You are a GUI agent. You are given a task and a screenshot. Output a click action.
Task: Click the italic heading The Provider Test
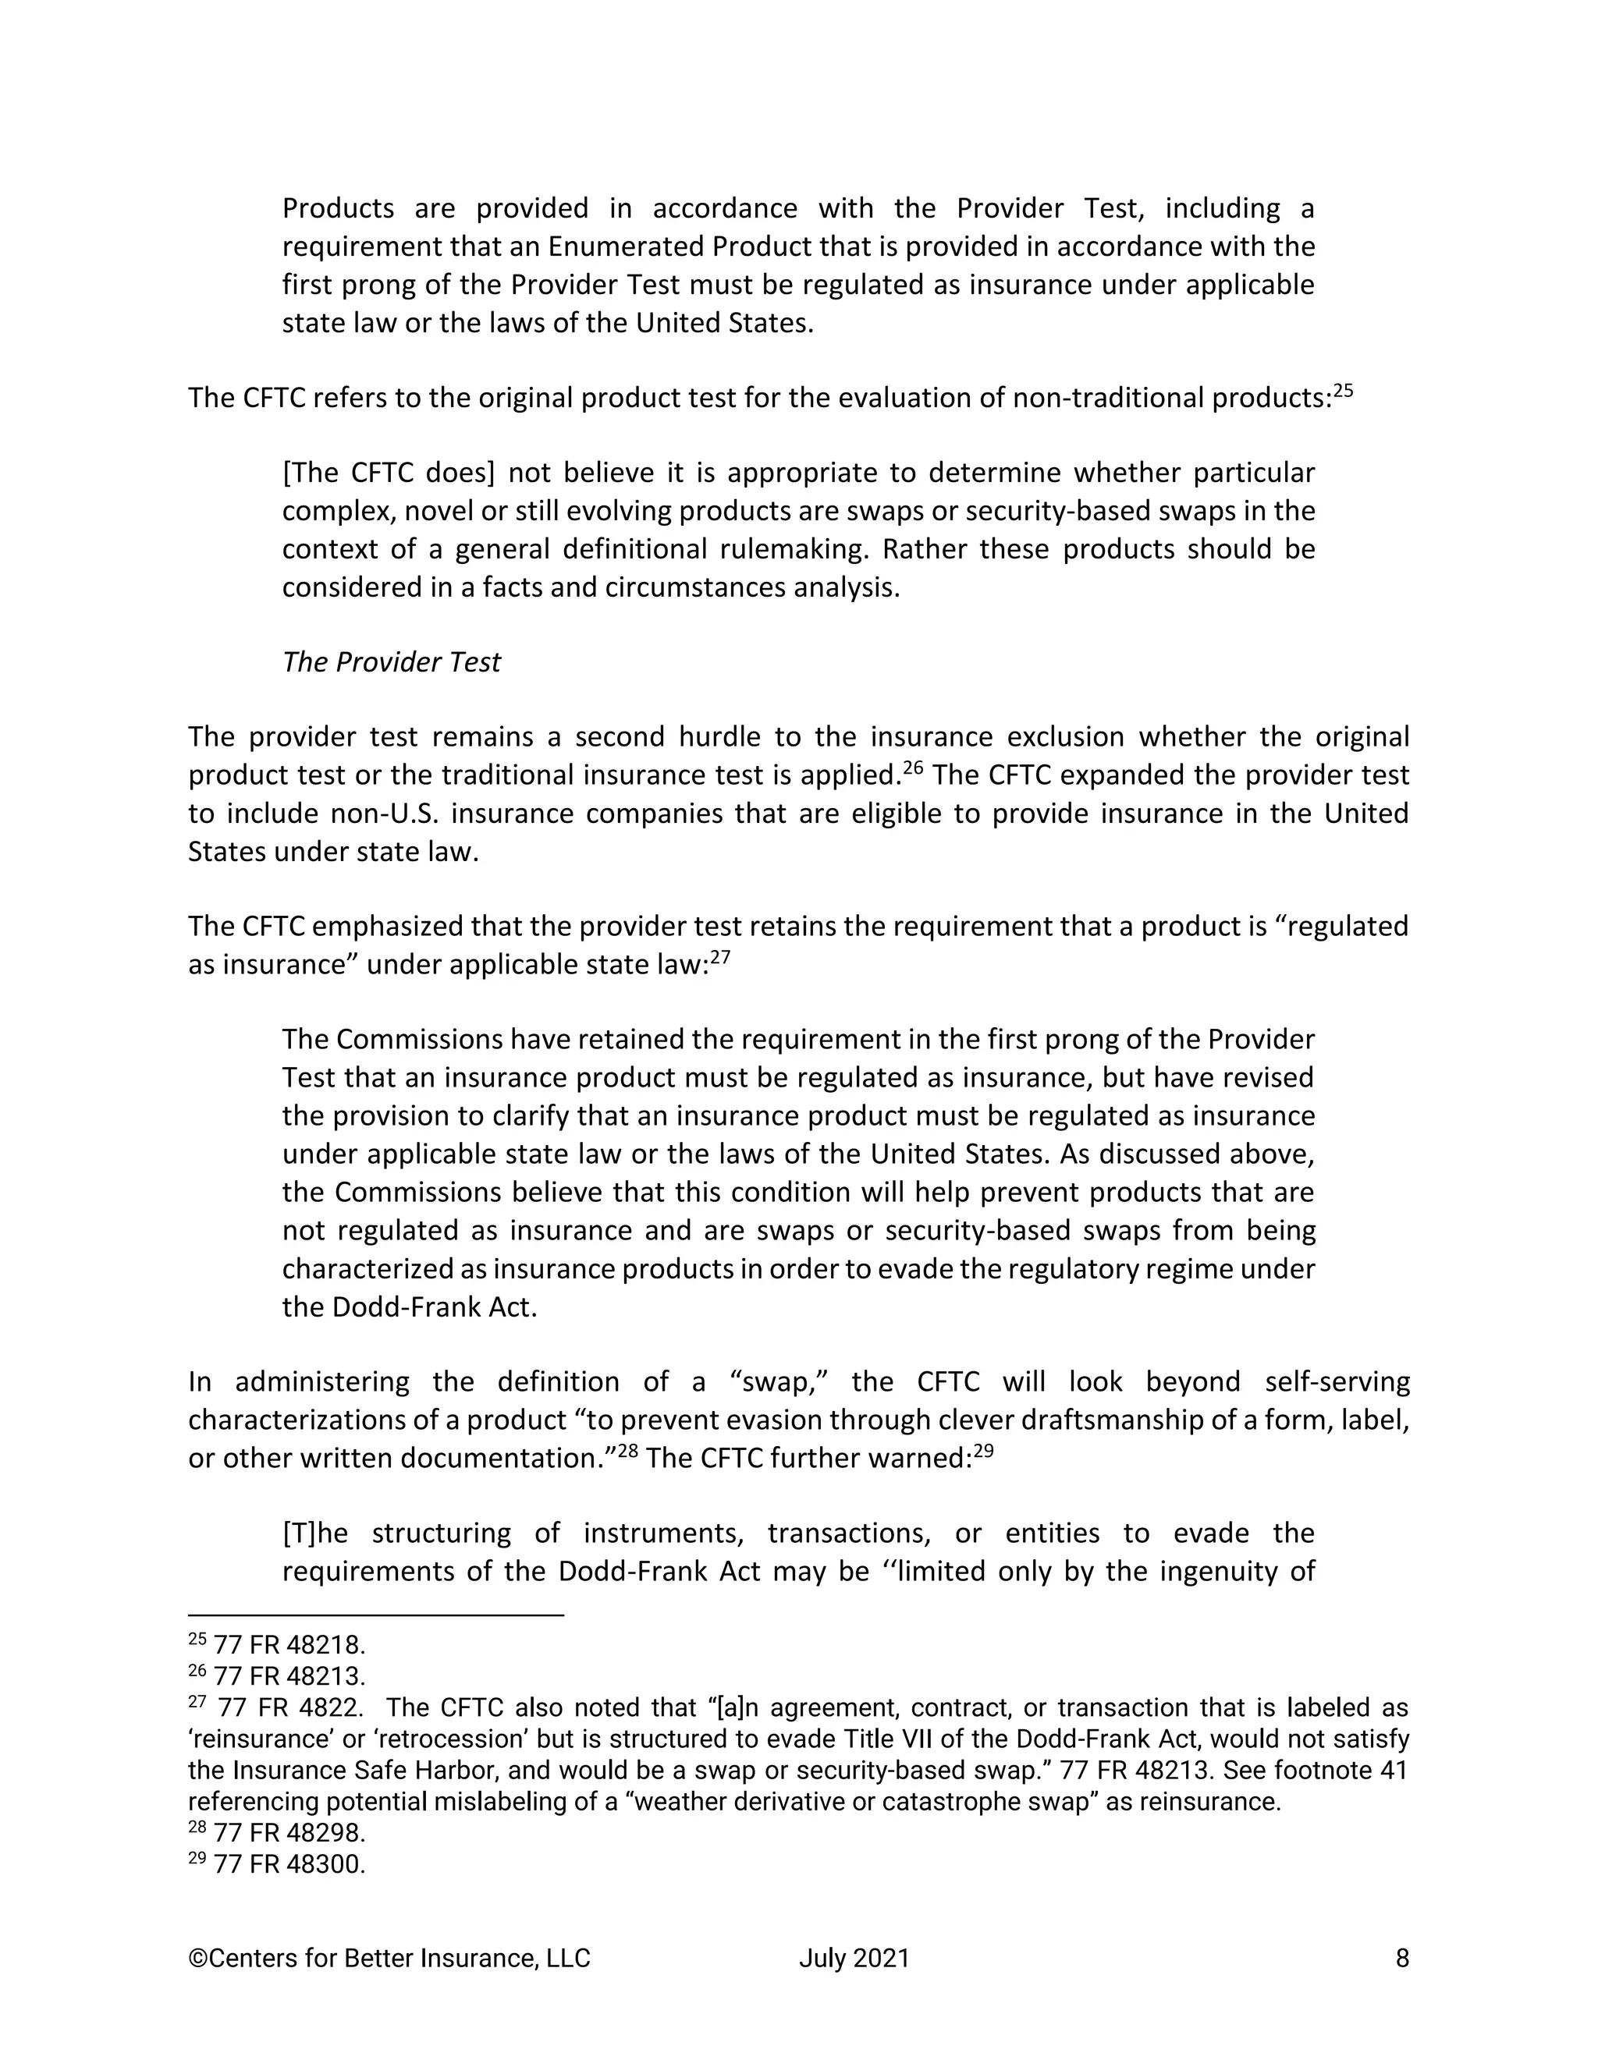(391, 661)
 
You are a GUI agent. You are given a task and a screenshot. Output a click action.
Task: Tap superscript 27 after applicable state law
(720, 956)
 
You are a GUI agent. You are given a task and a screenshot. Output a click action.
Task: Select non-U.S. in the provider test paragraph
(385, 813)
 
